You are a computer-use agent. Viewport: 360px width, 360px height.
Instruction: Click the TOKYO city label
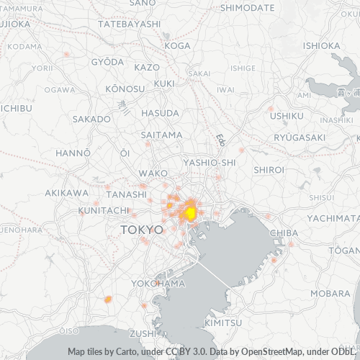click(143, 229)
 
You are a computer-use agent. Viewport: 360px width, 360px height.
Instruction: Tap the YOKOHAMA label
click(158, 284)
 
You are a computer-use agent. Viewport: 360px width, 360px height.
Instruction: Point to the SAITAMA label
click(162, 135)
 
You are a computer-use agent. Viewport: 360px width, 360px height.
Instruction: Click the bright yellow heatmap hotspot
click(190, 213)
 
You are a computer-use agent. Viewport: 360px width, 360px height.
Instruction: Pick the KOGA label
click(178, 45)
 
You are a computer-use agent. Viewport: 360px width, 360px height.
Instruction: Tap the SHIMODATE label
click(247, 8)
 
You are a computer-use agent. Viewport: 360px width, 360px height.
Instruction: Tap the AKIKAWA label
click(66, 193)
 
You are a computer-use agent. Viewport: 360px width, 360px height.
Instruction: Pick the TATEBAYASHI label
click(129, 24)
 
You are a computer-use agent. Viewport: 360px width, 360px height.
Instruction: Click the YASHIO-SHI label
click(210, 163)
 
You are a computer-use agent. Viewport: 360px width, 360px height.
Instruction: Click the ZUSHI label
click(143, 333)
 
